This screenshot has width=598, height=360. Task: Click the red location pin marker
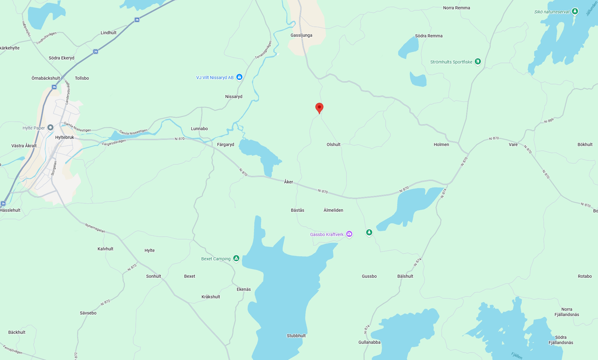[319, 108]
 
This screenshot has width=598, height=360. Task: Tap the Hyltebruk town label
[64, 137]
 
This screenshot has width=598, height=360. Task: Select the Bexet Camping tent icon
[236, 258]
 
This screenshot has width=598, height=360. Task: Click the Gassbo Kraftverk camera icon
[349, 234]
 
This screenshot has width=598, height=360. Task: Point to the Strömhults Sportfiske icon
[478, 62]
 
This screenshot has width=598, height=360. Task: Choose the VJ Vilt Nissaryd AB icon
[239, 77]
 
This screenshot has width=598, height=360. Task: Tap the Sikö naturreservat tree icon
[575, 12]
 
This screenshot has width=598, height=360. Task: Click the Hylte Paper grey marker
[50, 127]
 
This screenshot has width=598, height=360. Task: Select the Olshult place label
[333, 144]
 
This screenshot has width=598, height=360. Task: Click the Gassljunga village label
[301, 35]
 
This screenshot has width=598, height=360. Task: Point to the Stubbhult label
[296, 336]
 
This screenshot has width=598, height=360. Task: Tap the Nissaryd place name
[233, 97]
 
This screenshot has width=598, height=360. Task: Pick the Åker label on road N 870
[289, 182]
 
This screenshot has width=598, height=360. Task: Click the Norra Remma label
[456, 8]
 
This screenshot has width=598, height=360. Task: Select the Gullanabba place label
[369, 342]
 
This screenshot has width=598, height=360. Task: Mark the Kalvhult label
[105, 249]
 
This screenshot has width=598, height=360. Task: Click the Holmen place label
[441, 144]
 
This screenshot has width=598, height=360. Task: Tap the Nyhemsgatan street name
[95, 228]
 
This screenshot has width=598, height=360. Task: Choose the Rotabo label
[585, 276]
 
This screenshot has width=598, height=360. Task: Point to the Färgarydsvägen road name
[114, 142]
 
